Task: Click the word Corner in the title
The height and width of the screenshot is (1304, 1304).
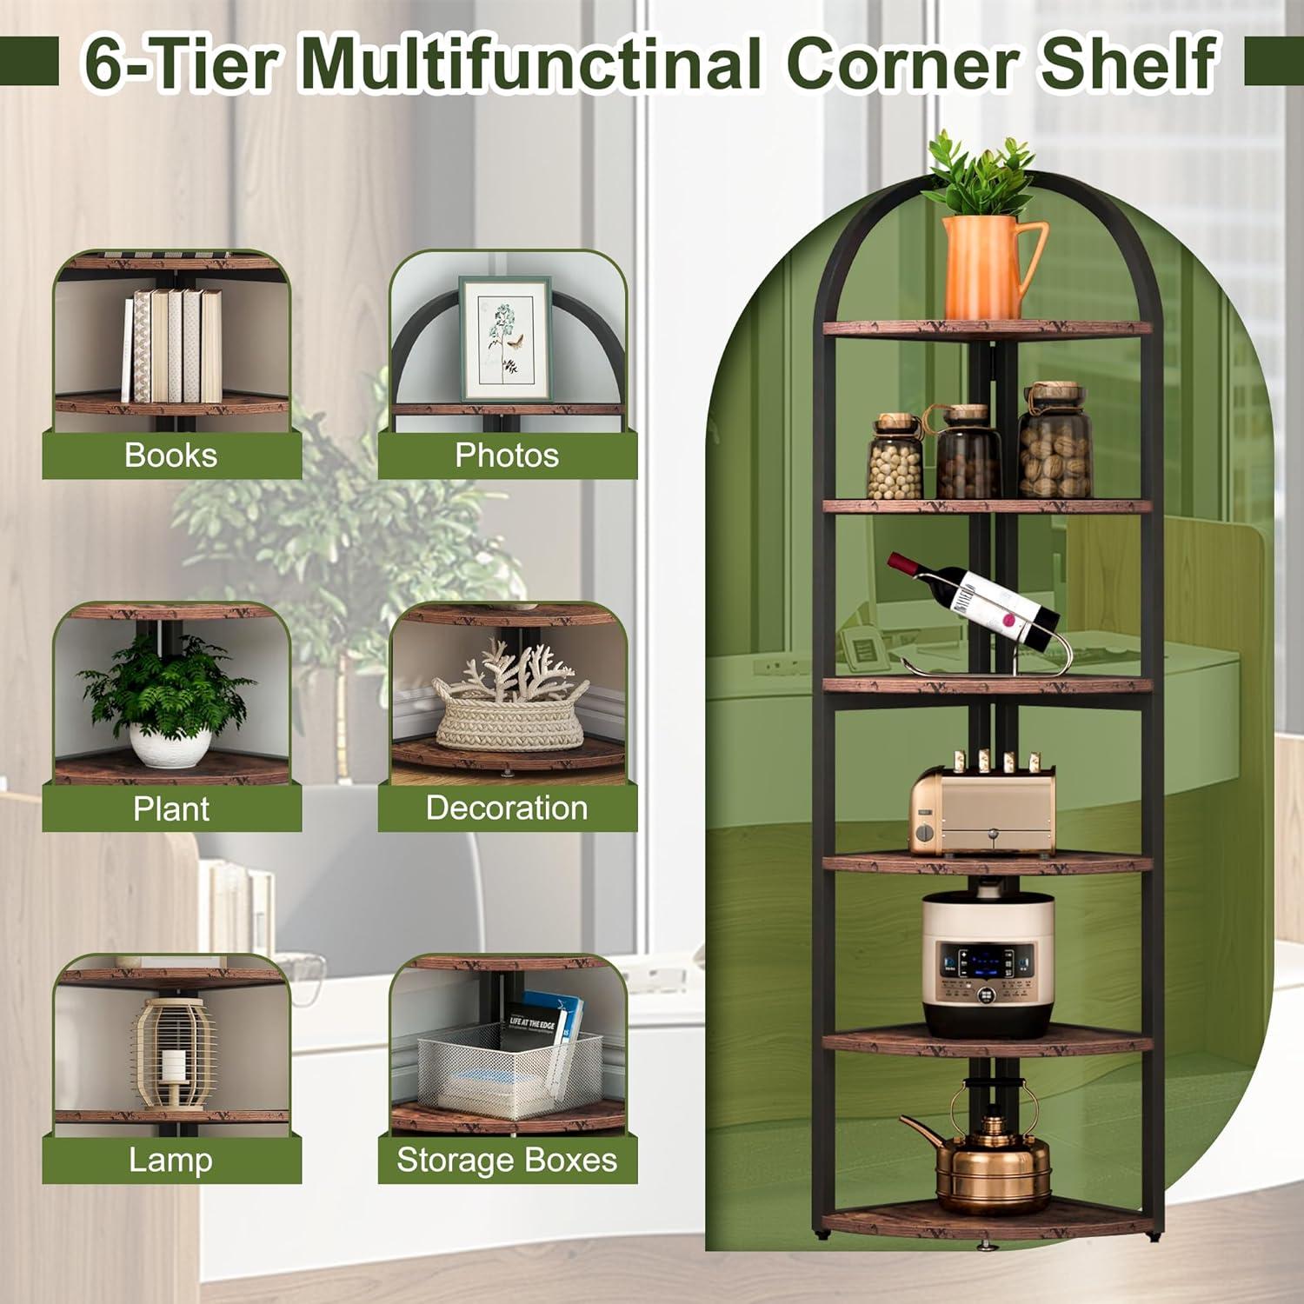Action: pyautogui.click(x=904, y=63)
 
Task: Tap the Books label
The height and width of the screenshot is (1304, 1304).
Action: pyautogui.click(x=170, y=456)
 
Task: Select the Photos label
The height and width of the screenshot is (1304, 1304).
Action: pyautogui.click(x=507, y=456)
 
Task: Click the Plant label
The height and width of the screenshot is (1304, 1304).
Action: pyautogui.click(x=171, y=808)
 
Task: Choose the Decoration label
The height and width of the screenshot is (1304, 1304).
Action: pyautogui.click(x=507, y=808)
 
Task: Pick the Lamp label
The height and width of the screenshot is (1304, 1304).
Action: pyautogui.click(x=170, y=1161)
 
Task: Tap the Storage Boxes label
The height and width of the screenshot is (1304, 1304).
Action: pyautogui.click(x=507, y=1161)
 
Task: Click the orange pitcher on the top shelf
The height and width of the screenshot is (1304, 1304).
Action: pyautogui.click(x=987, y=265)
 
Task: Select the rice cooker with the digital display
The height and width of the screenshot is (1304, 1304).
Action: pyautogui.click(x=988, y=965)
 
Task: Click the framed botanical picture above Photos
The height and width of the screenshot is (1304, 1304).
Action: pyautogui.click(x=505, y=339)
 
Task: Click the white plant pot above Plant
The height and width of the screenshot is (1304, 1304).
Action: pyautogui.click(x=170, y=746)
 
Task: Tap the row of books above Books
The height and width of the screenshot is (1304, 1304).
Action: pyautogui.click(x=172, y=345)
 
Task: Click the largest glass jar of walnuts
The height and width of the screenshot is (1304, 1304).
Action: pyautogui.click(x=1055, y=443)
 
